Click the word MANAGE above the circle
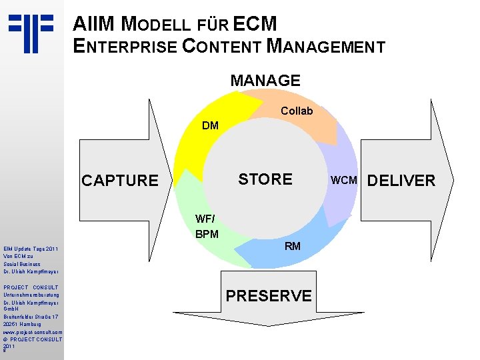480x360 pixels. coord(265,81)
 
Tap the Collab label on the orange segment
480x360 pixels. coord(297,111)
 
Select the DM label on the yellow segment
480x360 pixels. coord(210,125)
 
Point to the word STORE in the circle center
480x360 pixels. coord(265,179)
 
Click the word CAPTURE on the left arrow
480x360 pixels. coord(120,181)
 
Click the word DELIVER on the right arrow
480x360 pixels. coord(401,181)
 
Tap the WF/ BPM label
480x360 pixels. coord(207,227)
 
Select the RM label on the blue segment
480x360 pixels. coord(293,246)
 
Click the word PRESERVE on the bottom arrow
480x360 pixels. coord(269,295)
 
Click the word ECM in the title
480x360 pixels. coord(256,25)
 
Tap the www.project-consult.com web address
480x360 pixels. coord(33,331)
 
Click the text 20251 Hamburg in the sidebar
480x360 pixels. coord(21,324)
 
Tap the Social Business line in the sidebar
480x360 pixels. coord(22,264)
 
